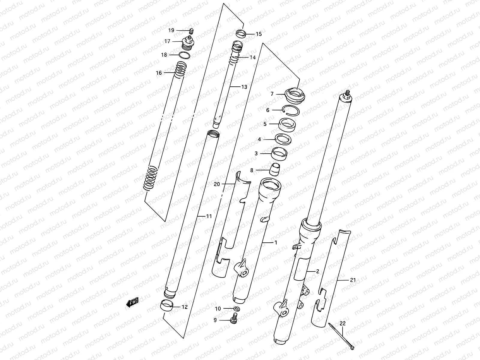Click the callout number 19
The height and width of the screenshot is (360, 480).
point(171,30)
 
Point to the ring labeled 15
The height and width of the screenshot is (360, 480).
point(241,34)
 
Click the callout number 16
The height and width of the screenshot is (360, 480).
point(159,73)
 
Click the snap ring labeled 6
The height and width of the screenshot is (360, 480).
point(291,111)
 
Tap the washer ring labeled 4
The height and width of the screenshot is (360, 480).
point(283,139)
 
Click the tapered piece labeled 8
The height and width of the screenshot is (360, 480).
point(275,170)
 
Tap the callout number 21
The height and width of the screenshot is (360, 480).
point(352,280)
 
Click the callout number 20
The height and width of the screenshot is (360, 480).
point(217,184)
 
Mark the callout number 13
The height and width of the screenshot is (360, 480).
point(244,87)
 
